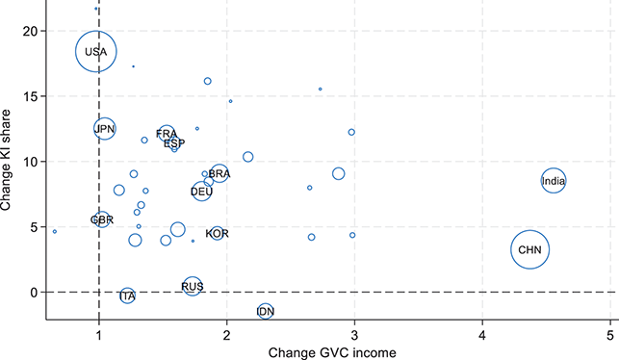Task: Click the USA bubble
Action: [x=95, y=52]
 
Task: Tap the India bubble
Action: [x=553, y=180]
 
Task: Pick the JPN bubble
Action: [x=105, y=128]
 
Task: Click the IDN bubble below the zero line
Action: [x=266, y=311]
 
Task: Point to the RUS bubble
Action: [x=193, y=286]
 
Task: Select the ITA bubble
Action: [x=127, y=296]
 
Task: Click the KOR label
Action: [x=217, y=233]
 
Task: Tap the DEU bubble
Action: [x=201, y=192]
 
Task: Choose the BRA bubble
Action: [x=219, y=173]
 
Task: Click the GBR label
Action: [x=102, y=220]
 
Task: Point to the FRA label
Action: [x=167, y=133]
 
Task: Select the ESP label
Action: [x=174, y=142]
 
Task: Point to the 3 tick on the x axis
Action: [x=354, y=334]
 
